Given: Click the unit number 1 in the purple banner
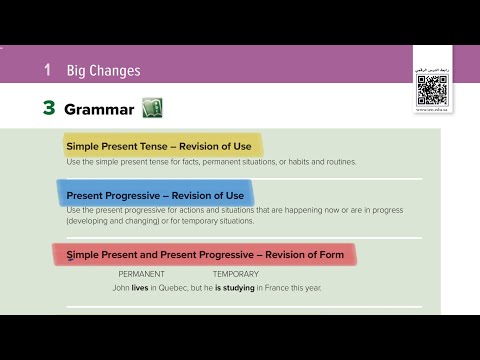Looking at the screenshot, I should point(47,71).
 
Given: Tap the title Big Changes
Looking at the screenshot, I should point(103,71).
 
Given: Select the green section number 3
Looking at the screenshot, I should point(48,108).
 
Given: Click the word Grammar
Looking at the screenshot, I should point(98,108).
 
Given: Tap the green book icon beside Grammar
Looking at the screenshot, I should point(152,107).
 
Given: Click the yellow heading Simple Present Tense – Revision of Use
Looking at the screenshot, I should point(159,146).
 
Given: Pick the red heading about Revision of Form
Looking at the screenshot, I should point(205,255).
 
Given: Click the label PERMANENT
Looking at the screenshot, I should point(142,274).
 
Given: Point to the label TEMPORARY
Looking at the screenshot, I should point(235,274).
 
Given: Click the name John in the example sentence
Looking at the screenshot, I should point(122,287).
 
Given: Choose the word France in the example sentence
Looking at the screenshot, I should point(294,287).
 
